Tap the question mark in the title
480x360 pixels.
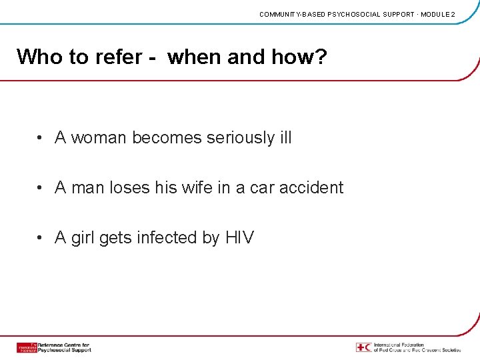(x=321, y=57)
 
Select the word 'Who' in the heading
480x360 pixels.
(x=39, y=57)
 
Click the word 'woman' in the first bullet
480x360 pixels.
(x=99, y=138)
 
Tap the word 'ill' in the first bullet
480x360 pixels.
(x=285, y=138)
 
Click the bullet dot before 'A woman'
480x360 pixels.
(x=41, y=139)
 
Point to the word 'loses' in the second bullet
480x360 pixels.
(x=129, y=188)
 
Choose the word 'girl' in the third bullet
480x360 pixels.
(x=83, y=238)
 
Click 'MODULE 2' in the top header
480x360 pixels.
(x=438, y=14)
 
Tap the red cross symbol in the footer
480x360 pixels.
(x=363, y=347)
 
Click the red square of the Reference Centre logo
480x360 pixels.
(x=27, y=347)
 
